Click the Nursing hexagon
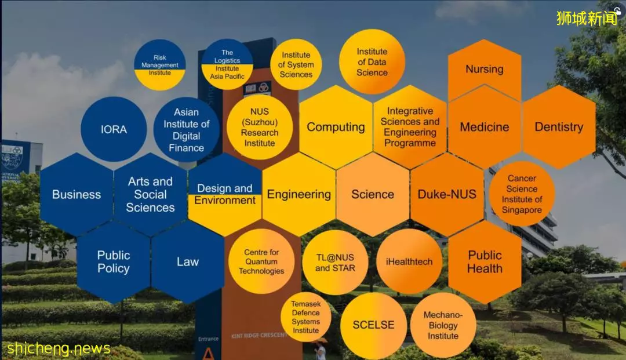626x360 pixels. [x=485, y=70]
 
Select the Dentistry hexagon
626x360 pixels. [x=559, y=127]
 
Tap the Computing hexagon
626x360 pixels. [x=336, y=127]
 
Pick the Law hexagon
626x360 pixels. [x=188, y=262]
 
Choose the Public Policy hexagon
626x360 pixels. [x=114, y=262]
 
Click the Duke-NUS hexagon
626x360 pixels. [x=447, y=194]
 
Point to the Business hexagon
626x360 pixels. [x=77, y=194]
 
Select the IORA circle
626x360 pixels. [x=114, y=129]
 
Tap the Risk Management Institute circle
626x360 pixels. [x=160, y=65]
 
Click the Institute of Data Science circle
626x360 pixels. [x=372, y=62]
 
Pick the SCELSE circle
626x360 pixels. [x=373, y=325]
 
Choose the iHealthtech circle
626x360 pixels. [x=409, y=262]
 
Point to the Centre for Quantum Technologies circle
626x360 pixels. [x=261, y=262]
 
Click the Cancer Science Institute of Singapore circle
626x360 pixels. [x=522, y=194]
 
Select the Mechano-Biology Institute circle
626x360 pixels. [x=443, y=325]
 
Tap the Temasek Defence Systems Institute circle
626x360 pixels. [x=305, y=317]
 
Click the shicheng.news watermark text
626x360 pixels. [x=59, y=349]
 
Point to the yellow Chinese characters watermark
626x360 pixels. [x=587, y=18]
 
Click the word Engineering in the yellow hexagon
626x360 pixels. [x=299, y=194]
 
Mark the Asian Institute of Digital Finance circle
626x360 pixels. [x=187, y=129]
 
